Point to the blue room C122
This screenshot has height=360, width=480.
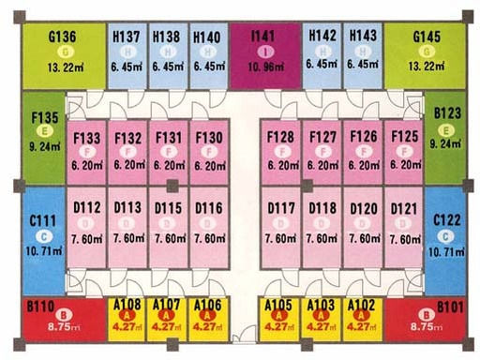[442, 234]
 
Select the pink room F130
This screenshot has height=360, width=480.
[209, 150]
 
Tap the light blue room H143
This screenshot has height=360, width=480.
[363, 51]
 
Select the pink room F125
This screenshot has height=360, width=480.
[405, 150]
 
